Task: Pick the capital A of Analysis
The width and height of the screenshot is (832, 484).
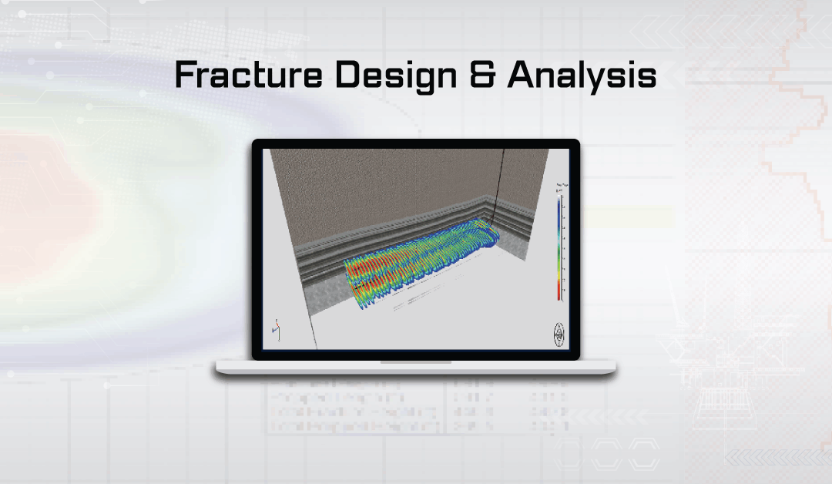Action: pyautogui.click(x=522, y=76)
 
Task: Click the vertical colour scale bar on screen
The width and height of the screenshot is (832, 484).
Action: pyautogui.click(x=560, y=247)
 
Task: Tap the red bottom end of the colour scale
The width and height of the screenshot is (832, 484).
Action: pyautogui.click(x=560, y=291)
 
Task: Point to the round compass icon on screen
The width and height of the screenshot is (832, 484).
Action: pyautogui.click(x=559, y=334)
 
